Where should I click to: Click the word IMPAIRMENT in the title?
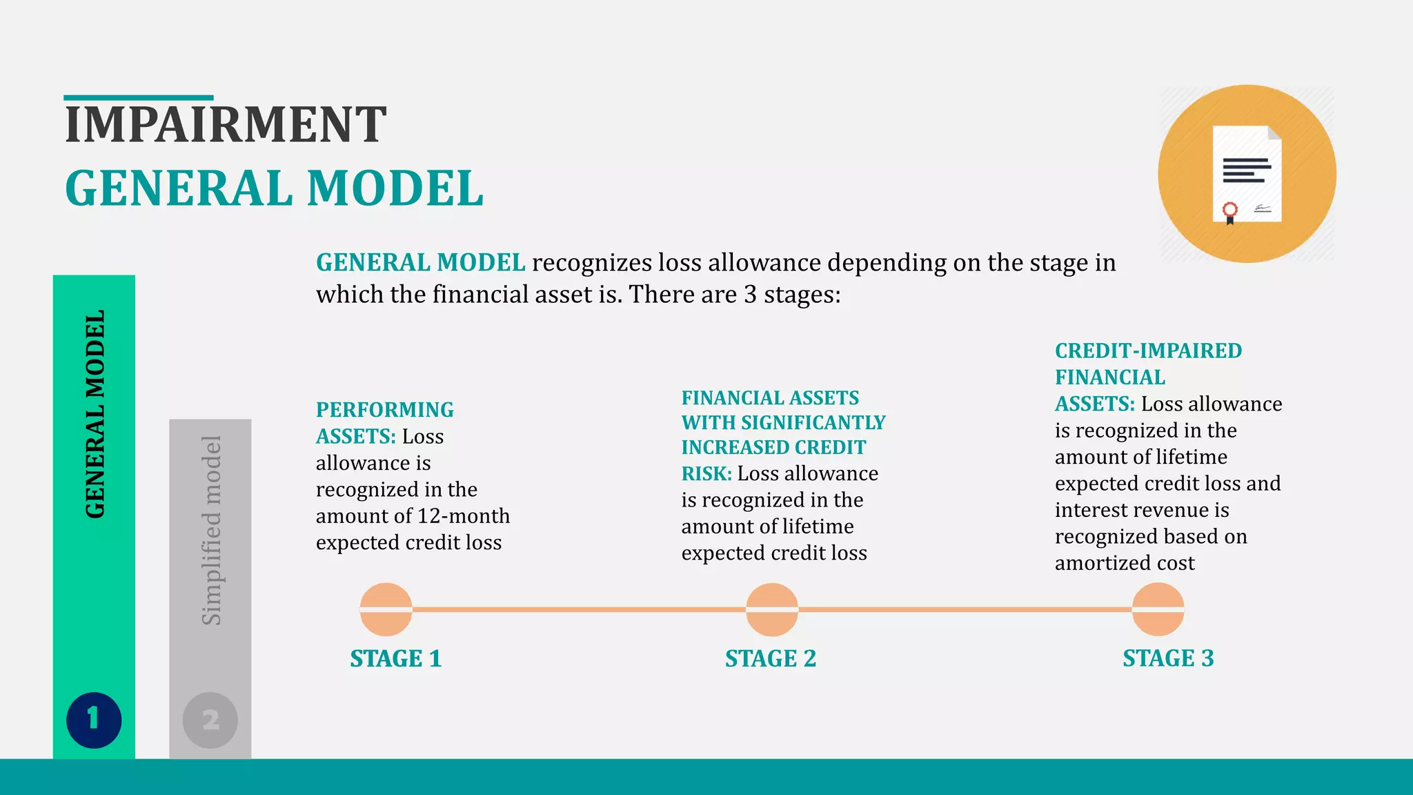tap(225, 125)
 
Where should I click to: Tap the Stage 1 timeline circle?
tap(386, 609)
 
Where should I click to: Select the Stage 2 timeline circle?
tap(772, 609)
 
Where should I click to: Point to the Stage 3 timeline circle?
tap(1158, 609)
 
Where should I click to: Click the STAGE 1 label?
tap(395, 658)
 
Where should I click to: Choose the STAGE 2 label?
tap(771, 658)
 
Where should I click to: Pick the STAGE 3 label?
tap(1168, 658)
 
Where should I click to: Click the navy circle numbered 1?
tap(94, 720)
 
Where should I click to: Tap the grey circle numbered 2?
tap(210, 720)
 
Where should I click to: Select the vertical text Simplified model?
tap(211, 530)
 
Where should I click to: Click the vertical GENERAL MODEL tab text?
tap(95, 414)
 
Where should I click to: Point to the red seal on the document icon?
tap(1229, 210)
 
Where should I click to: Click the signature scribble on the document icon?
tap(1262, 208)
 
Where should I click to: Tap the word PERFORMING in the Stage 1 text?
tap(385, 410)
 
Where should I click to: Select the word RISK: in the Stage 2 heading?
tap(706, 474)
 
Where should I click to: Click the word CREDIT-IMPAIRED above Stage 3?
tap(1148, 351)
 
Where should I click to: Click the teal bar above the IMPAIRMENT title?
tap(139, 98)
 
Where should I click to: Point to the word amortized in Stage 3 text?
tap(1103, 563)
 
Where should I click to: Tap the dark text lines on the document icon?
tap(1246, 170)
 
